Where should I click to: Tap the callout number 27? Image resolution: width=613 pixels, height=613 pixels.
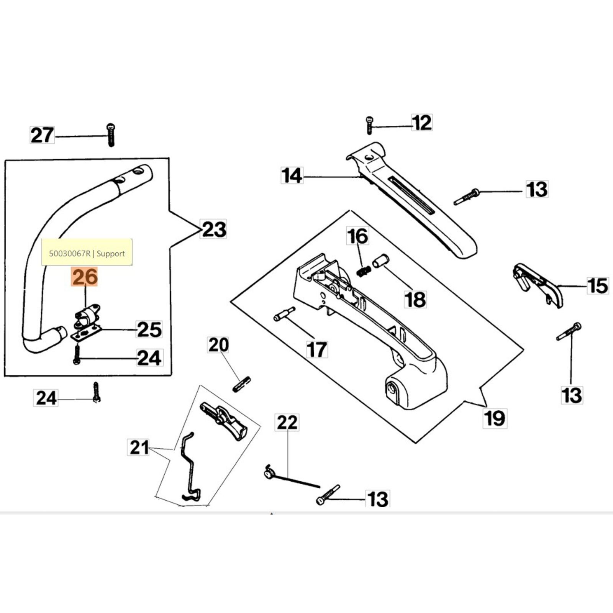pos(42,135)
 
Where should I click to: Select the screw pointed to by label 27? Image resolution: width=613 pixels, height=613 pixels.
pos(111,135)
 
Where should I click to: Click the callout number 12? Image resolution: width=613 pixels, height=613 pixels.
pos(422,123)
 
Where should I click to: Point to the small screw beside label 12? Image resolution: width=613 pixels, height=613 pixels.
pos(369,125)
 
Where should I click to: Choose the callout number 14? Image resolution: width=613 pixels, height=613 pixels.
pos(292,175)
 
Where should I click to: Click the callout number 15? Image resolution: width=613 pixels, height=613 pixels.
pos(597,286)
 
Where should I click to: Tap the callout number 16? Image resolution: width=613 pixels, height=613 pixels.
pos(357,236)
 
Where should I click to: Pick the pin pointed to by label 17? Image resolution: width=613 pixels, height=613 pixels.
pos(284,314)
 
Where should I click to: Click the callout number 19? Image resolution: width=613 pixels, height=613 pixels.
pos(494,418)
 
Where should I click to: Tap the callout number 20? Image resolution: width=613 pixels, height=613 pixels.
pos(218,345)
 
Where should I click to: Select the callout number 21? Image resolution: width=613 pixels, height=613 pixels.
pos(139,447)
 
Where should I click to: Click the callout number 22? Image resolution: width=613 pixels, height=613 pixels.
pos(287,423)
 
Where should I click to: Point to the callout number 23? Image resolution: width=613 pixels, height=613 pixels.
pos(214,229)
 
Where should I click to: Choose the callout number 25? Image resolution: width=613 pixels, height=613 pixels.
pos(149,329)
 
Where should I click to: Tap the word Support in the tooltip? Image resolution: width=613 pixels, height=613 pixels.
pos(111,254)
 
